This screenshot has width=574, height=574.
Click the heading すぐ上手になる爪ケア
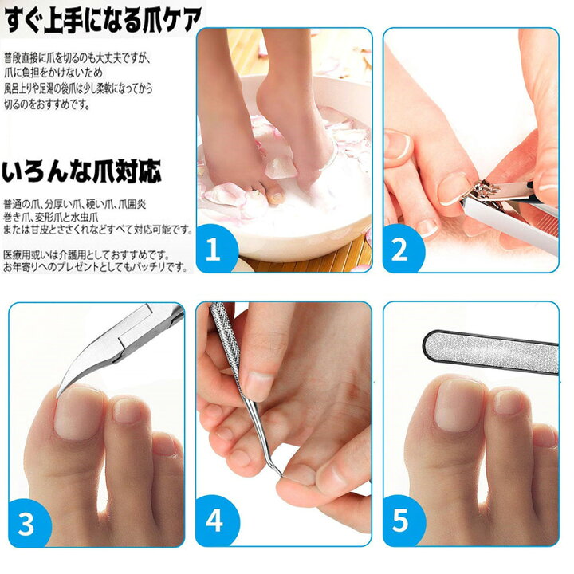point(101,17)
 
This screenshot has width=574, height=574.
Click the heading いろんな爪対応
point(82,171)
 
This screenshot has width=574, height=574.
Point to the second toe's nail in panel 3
point(128,410)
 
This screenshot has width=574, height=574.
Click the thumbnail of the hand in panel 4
point(257,385)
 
